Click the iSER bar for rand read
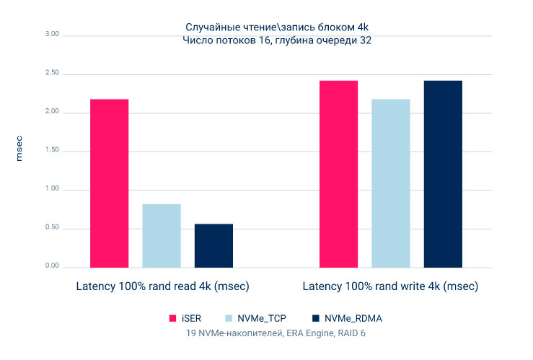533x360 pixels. tap(110, 183)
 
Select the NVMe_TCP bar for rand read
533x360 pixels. tap(162, 236)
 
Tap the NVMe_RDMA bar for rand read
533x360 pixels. tap(213, 246)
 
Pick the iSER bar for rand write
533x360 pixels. tap(339, 174)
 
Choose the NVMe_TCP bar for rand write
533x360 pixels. tap(391, 183)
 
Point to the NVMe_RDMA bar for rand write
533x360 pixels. tap(443, 174)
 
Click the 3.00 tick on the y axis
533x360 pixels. tap(50, 35)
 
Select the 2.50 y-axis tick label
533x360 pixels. tap(50, 74)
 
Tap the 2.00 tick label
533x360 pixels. tap(50, 113)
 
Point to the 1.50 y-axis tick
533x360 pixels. tap(50, 152)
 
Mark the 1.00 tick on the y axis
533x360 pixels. tap(50, 190)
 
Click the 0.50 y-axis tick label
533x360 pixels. tap(50, 229)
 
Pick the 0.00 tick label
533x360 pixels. tap(50, 267)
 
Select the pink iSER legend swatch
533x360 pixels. tap(172, 318)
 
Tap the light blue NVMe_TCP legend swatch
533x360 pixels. tap(230, 318)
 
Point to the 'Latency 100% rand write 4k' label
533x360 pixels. tap(390, 287)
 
